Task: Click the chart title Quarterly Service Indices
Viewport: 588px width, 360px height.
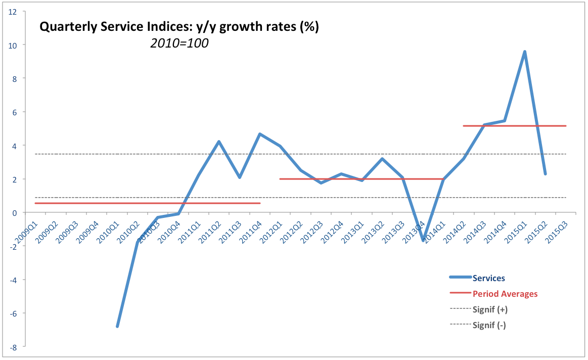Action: (179, 27)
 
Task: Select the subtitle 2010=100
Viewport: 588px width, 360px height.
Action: (179, 43)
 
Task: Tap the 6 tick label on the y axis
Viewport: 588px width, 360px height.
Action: (15, 112)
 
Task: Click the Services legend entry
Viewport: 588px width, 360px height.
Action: (488, 278)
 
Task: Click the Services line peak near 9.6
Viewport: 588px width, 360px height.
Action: (525, 52)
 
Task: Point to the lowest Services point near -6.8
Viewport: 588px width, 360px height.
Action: (117, 327)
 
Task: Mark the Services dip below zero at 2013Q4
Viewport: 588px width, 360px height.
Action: (423, 240)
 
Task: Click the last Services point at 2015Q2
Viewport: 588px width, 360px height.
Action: (545, 174)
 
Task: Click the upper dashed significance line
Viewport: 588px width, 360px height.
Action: (303, 154)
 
